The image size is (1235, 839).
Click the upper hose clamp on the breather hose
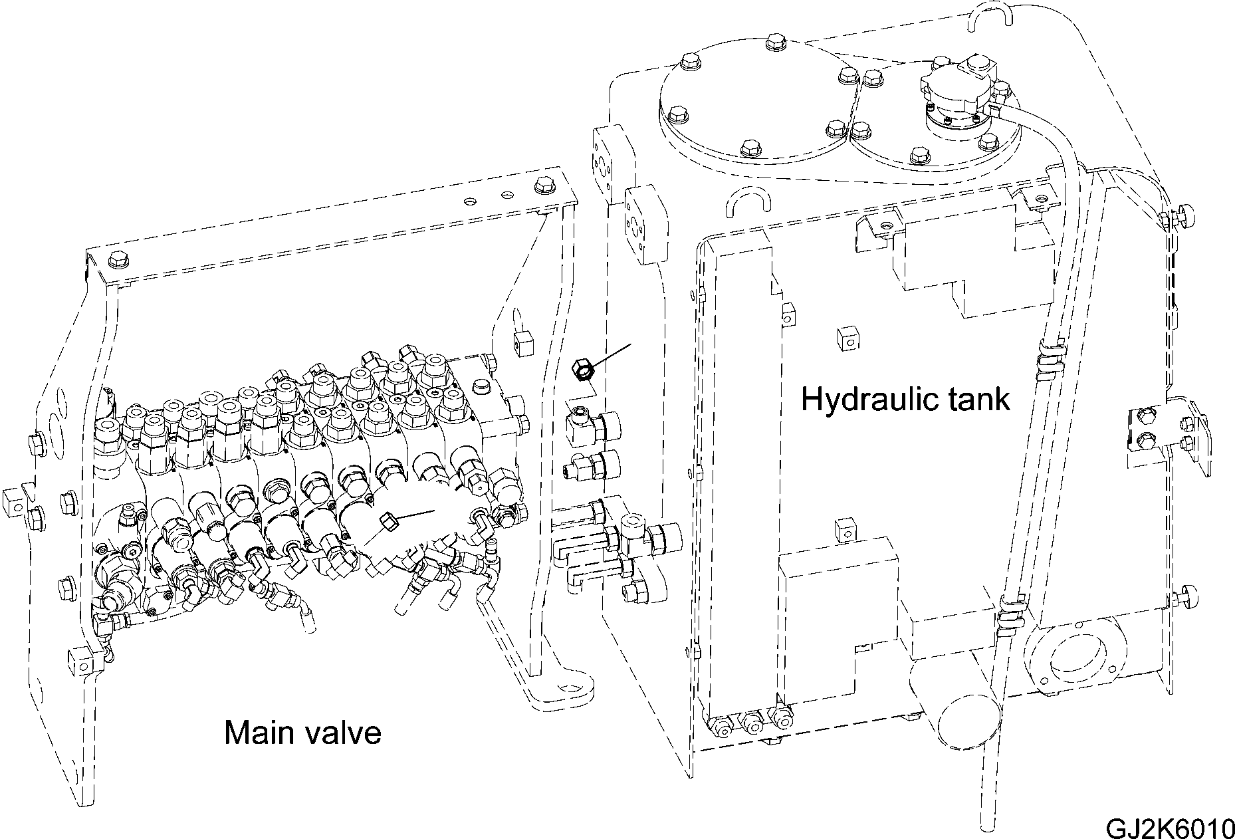[x=1050, y=352]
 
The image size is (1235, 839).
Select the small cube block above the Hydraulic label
[x=847, y=339]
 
